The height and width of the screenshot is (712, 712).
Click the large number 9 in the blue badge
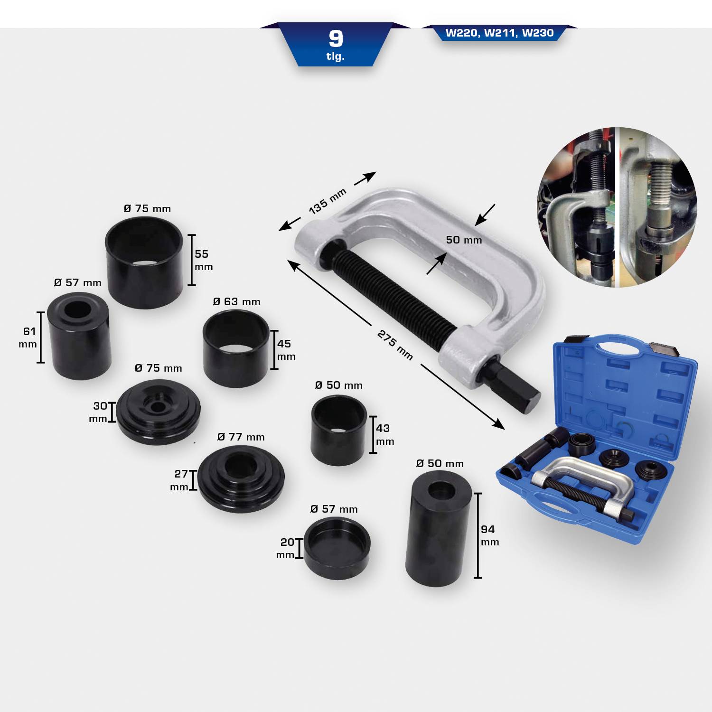(x=336, y=39)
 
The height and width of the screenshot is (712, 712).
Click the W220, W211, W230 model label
(x=499, y=33)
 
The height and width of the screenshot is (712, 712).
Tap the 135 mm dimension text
(x=328, y=201)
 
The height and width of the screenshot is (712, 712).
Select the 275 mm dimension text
(x=395, y=345)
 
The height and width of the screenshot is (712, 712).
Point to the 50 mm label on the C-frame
(x=464, y=240)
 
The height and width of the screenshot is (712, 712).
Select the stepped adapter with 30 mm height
(x=158, y=412)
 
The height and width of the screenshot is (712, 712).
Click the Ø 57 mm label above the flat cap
(x=334, y=509)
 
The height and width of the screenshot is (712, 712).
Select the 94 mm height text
(x=489, y=535)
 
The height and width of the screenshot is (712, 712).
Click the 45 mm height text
(x=286, y=350)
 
